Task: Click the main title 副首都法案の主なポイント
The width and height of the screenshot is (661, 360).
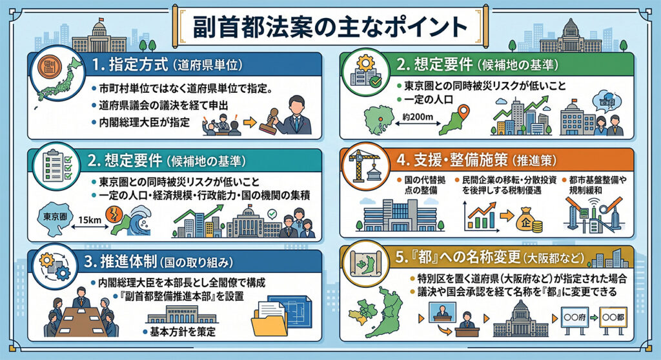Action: pyautogui.click(x=330, y=28)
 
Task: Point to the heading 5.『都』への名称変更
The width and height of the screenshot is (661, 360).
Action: pyautogui.click(x=458, y=257)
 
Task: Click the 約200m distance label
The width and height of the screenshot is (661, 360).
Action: pyautogui.click(x=418, y=117)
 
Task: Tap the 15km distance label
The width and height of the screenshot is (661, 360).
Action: pyautogui.click(x=89, y=219)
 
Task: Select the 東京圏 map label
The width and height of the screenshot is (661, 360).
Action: pyautogui.click(x=55, y=217)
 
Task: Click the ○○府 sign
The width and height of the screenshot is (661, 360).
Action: pyautogui.click(x=575, y=317)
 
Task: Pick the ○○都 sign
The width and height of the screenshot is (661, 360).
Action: pyautogui.click(x=613, y=317)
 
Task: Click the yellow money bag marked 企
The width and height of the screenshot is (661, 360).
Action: pyautogui.click(x=528, y=219)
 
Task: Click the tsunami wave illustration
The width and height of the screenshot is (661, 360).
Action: pyautogui.click(x=138, y=219)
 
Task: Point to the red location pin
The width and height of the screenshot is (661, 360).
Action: pyautogui.click(x=463, y=112)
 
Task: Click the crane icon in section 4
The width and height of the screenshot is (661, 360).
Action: pyautogui.click(x=363, y=166)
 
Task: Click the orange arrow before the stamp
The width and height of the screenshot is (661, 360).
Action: pyautogui.click(x=250, y=122)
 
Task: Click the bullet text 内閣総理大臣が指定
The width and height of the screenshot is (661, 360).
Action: pyautogui.click(x=144, y=123)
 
